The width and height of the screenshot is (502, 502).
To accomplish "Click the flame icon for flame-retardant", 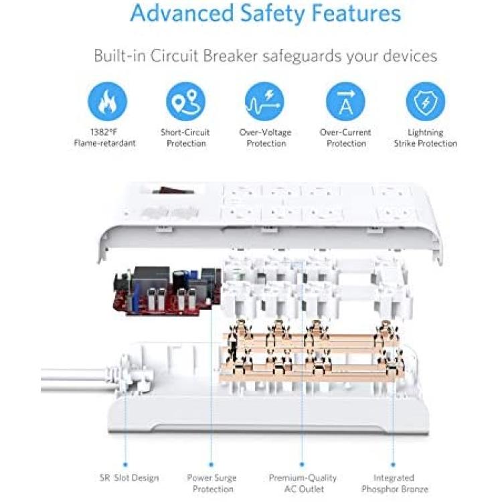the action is [108, 102].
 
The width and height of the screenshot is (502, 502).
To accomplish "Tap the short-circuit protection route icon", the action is [185, 102].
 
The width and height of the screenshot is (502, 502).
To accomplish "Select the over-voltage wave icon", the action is [264, 102].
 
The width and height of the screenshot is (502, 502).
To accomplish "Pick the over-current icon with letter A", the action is [345, 102].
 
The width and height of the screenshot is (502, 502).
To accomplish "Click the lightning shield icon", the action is [426, 102].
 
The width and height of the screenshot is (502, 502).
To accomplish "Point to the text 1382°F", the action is [104, 132].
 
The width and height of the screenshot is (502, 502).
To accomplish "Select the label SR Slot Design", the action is [129, 478].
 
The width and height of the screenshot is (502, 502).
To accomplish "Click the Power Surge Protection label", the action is [212, 483].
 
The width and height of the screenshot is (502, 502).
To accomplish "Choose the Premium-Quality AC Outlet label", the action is [303, 483].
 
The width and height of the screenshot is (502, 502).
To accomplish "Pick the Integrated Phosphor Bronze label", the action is [395, 483].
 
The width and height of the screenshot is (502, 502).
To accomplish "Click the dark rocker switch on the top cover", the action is [173, 191].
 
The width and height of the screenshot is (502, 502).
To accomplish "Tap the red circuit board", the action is [167, 291].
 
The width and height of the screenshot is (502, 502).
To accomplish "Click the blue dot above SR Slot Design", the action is [125, 465].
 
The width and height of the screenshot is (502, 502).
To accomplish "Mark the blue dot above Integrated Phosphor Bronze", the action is [393, 465].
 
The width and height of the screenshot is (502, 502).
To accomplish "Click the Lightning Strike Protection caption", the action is [426, 138].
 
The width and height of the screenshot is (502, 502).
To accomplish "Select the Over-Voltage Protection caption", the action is [266, 138].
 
